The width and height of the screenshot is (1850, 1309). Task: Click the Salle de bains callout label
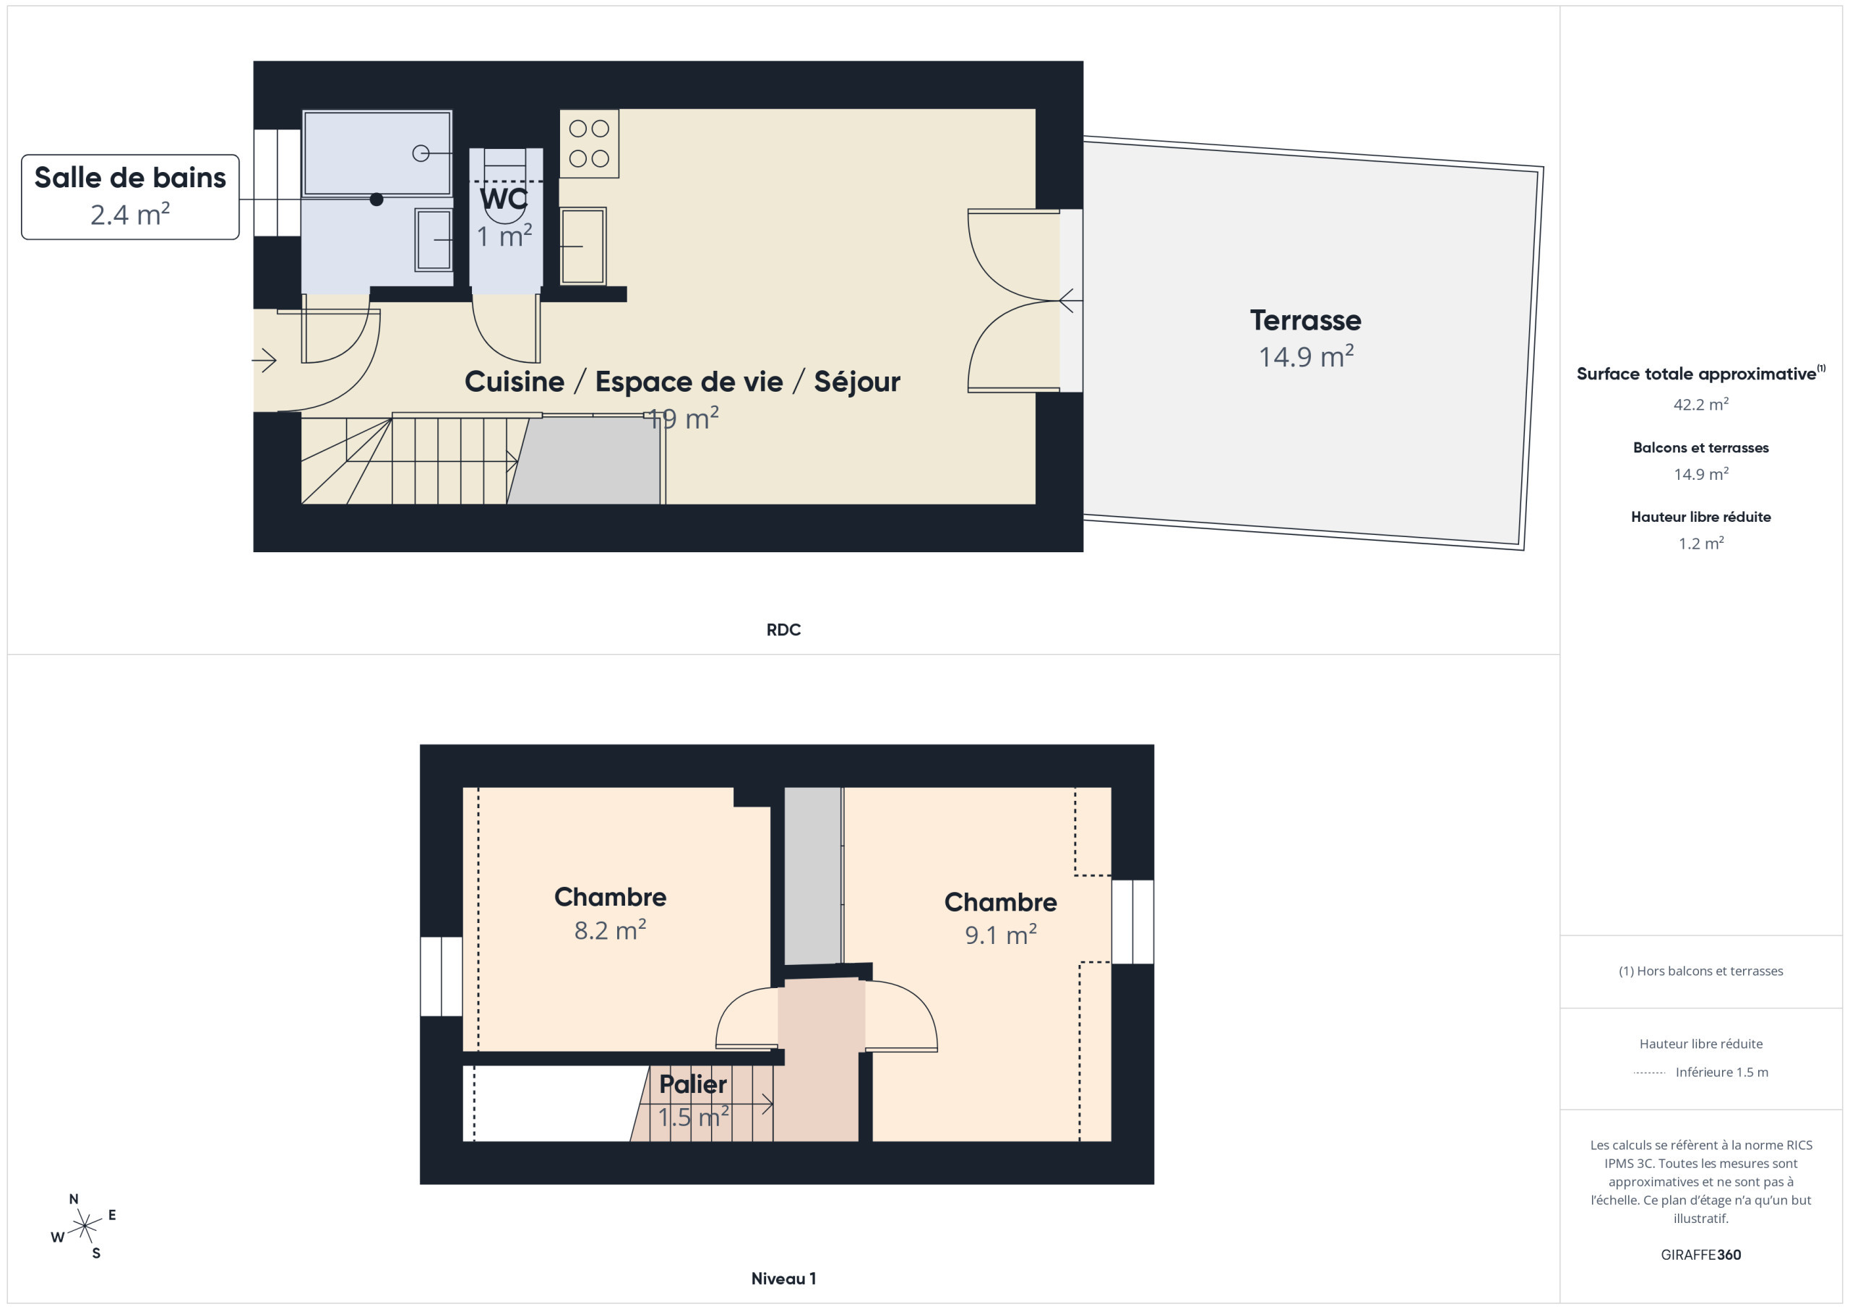pos(130,177)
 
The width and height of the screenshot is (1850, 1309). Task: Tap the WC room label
pos(504,198)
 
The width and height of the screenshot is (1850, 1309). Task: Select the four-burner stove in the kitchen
pos(589,143)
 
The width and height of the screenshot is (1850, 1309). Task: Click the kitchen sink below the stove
pos(582,246)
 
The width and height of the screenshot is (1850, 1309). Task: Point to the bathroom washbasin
pos(434,239)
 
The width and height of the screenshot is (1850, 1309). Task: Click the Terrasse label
pos(1305,320)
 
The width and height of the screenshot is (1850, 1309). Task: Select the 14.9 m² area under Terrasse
pos(1306,356)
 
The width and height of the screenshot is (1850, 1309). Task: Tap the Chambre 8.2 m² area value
pos(610,930)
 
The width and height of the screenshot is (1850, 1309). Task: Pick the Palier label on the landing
pos(693,1084)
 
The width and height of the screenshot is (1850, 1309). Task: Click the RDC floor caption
pos(783,630)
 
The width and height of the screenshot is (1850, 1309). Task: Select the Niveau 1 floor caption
pos(783,1279)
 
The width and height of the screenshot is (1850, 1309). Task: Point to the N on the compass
pos(73,1198)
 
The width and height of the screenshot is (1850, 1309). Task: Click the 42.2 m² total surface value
pos(1701,404)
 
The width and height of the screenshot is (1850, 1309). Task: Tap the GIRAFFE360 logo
pos(1701,1255)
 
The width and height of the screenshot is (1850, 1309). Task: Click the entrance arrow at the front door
pos(265,359)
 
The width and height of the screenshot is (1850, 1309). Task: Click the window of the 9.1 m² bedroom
pos(1133,922)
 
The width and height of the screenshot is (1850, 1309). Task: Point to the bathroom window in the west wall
pos(277,183)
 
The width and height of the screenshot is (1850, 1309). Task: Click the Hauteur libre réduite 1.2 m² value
pos(1701,544)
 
